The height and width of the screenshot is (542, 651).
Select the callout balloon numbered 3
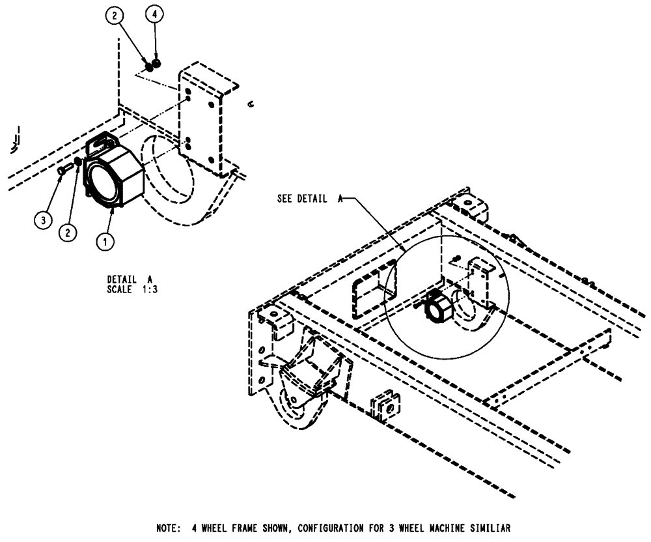pos(43,221)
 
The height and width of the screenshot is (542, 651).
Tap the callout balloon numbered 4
pos(155,13)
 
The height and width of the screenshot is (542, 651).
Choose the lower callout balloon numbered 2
pos(66,231)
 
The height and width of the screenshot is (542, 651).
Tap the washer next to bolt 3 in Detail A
pos(76,163)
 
